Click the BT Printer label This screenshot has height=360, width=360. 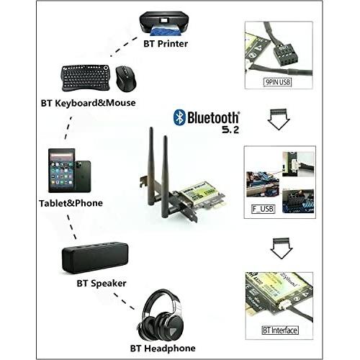click(166, 44)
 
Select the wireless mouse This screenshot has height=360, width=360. click(126, 78)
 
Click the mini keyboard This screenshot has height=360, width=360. click(86, 78)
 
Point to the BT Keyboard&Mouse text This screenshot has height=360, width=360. click(88, 103)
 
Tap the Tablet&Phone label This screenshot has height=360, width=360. click(71, 203)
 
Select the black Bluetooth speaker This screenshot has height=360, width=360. click(95, 258)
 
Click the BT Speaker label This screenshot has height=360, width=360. click(102, 284)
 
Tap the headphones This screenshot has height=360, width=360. click(161, 315)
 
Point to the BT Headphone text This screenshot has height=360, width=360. click(163, 348)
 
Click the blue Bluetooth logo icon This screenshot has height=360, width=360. click(179, 117)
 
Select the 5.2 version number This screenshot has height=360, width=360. click(230, 130)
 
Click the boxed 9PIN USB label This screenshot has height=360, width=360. click(278, 82)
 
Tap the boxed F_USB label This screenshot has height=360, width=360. click(263, 209)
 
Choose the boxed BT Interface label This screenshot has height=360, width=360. click(280, 330)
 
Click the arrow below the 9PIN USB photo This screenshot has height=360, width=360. click(279, 120)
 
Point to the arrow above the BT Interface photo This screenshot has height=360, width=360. click(282, 248)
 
